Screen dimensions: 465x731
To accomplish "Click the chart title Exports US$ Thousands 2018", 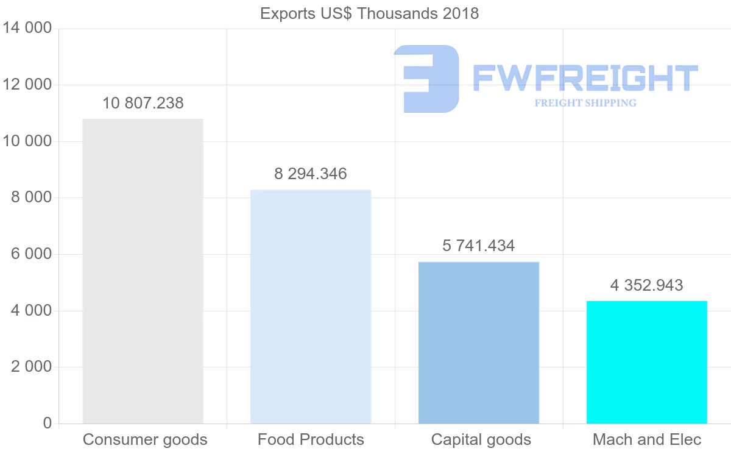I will (x=369, y=13).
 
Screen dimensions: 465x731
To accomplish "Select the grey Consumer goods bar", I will (x=143, y=271).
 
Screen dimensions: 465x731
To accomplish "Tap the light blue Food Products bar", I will (x=311, y=307).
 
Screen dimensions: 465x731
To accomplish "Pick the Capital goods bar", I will (x=479, y=343).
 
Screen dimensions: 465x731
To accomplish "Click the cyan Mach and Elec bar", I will (x=647, y=362).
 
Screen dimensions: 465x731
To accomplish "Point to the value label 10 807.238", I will (x=143, y=103).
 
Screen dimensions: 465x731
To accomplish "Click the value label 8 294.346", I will (x=311, y=174).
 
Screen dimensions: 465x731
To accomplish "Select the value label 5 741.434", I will (x=479, y=246).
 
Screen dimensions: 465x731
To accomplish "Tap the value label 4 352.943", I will (x=647, y=285).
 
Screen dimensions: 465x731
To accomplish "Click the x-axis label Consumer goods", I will (x=145, y=439).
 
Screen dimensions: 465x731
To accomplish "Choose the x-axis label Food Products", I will (x=311, y=439).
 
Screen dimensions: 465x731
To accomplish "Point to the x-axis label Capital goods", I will (x=481, y=439).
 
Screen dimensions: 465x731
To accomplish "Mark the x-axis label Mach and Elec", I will (x=647, y=439).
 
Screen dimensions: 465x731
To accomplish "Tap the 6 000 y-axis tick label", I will (x=31, y=254).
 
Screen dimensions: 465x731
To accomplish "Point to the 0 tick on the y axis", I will (x=48, y=424).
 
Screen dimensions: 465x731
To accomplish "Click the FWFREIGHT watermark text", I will (x=585, y=78).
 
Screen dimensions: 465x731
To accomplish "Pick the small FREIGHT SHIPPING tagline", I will (x=585, y=103).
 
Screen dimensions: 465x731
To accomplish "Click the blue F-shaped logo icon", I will (x=426, y=79).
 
